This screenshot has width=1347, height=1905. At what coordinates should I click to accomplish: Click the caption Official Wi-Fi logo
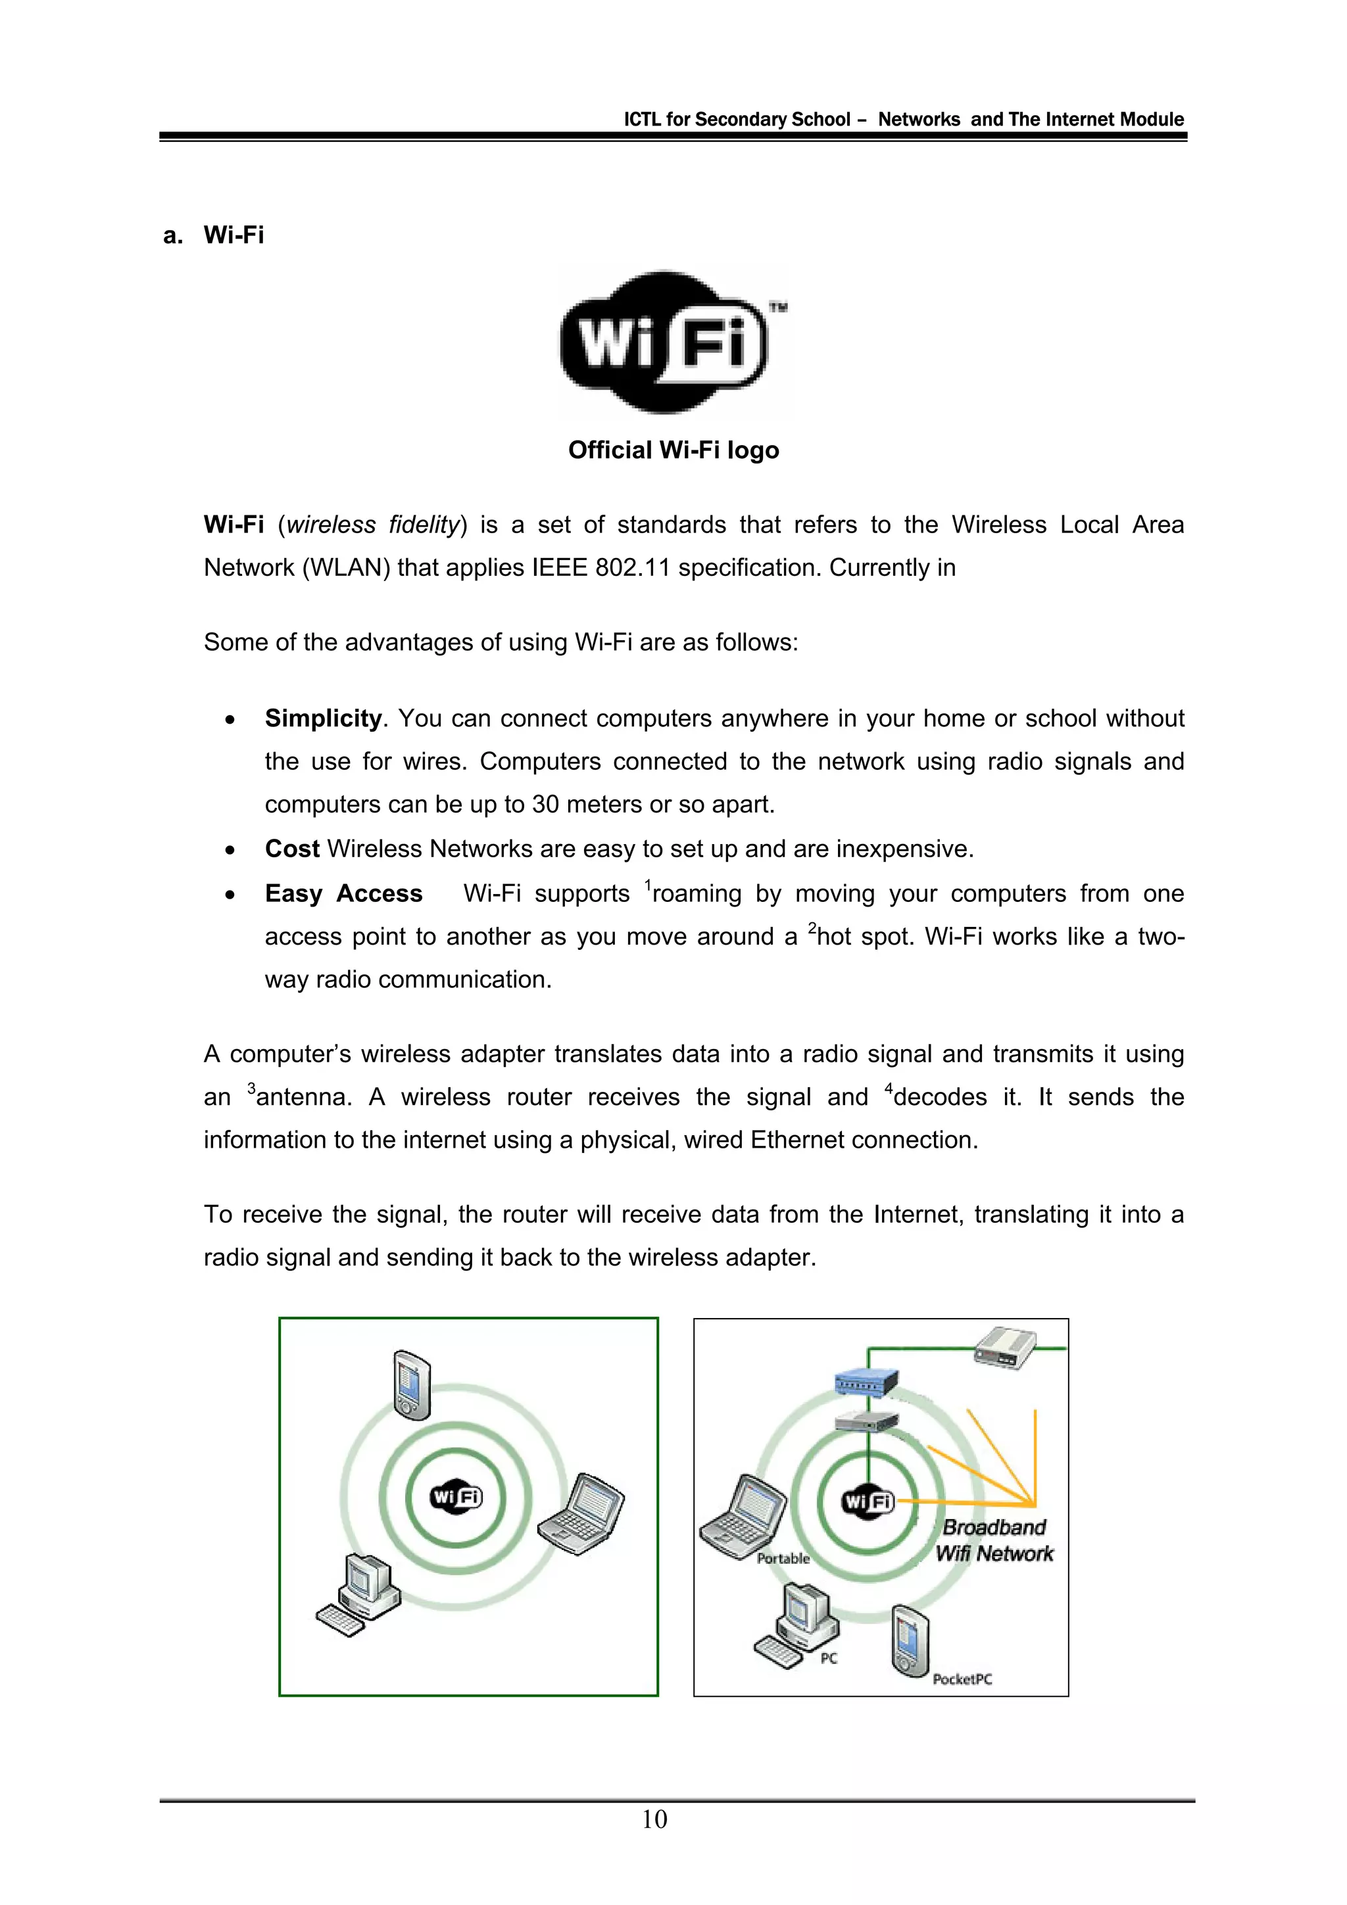coord(673,450)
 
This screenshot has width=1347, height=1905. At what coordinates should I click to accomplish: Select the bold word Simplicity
coord(323,718)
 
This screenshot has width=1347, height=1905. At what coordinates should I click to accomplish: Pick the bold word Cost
coord(291,849)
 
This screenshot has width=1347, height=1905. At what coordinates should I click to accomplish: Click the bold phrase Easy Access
coord(343,893)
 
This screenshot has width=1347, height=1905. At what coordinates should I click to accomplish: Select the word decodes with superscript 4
coord(939,1098)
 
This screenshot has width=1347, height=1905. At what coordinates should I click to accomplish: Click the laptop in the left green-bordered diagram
coord(581,1515)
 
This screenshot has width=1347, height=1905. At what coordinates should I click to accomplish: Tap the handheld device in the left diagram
coord(412,1385)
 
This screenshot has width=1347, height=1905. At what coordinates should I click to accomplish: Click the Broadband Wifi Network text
coord(994,1541)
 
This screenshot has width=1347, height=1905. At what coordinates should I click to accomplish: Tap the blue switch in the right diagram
coord(866,1382)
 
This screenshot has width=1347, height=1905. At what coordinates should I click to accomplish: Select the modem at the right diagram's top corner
coord(1005,1346)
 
